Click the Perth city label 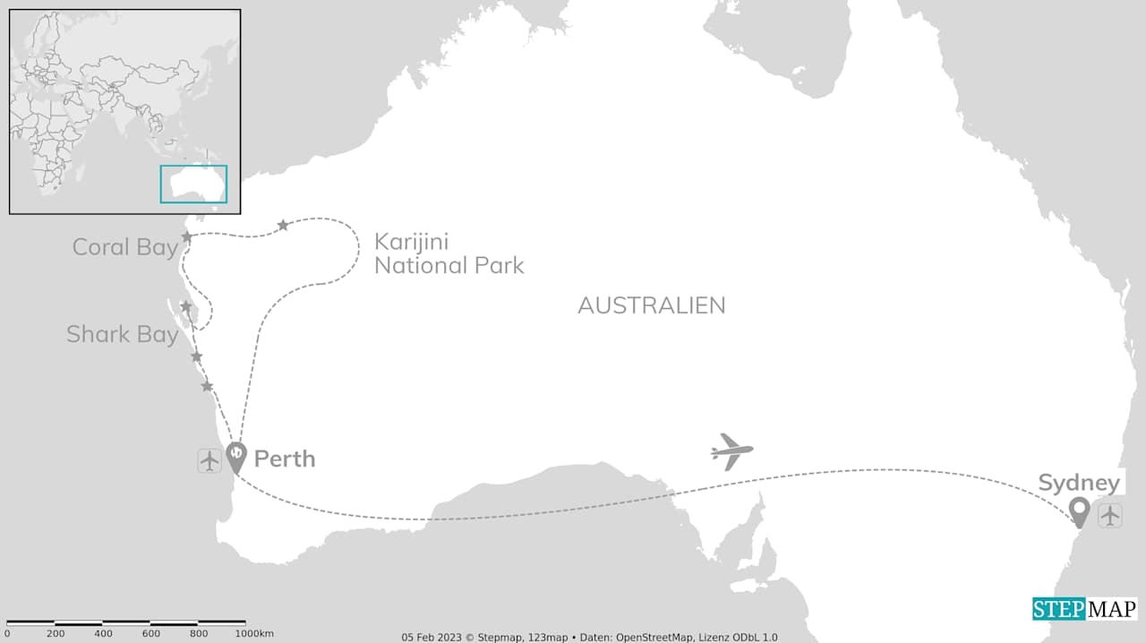[285, 459]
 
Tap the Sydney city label [1079, 484]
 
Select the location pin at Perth [235, 457]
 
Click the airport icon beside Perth [210, 461]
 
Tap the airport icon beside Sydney [1110, 516]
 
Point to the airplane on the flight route [731, 450]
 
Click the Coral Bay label [125, 248]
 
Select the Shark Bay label [122, 335]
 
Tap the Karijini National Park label [449, 253]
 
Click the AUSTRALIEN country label [651, 305]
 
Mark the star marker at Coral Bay [187, 236]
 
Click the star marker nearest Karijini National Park [283, 225]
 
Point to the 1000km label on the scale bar [255, 634]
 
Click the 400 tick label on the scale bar [103, 634]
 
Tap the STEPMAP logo [1084, 610]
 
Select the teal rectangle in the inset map [193, 184]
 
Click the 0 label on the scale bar [7, 634]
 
